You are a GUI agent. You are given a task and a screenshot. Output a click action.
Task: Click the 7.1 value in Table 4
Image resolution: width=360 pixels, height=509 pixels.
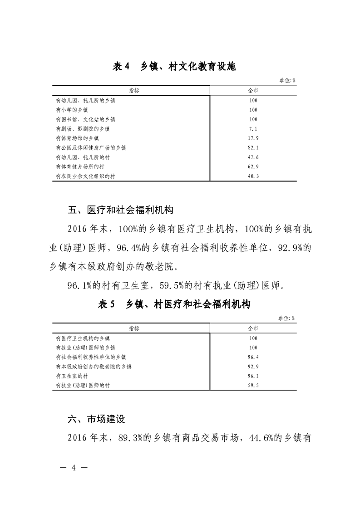click(253, 129)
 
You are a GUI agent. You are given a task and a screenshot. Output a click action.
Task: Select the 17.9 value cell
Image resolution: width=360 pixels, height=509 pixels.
click(253, 138)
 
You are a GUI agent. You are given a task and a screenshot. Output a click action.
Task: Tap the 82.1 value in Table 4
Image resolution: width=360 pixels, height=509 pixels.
click(253, 148)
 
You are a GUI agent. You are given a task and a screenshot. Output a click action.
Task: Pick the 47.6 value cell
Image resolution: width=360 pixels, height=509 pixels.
click(253, 157)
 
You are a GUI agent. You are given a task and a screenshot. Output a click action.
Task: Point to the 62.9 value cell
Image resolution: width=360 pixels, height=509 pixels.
click(253, 167)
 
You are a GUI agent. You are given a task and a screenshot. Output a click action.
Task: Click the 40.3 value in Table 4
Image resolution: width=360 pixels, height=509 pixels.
click(253, 176)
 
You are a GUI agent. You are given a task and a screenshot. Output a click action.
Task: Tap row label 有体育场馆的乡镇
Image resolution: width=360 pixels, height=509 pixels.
click(77, 138)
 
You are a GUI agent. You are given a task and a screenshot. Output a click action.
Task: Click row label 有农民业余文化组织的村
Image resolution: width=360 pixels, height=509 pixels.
click(85, 176)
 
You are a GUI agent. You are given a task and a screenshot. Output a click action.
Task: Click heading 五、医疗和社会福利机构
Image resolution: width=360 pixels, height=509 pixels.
click(120, 210)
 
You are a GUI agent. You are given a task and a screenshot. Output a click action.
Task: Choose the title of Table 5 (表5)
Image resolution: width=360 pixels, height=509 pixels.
click(174, 304)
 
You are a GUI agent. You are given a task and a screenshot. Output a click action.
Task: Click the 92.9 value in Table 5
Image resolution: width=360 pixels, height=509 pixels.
click(253, 367)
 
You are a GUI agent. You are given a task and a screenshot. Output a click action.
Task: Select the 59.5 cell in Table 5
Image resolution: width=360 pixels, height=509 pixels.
click(253, 386)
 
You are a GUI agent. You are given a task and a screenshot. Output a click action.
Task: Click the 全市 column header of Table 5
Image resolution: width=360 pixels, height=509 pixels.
click(253, 328)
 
